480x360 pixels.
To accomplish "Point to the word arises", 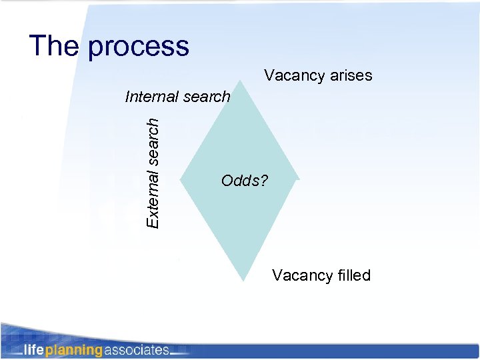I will pyautogui.click(x=351, y=75).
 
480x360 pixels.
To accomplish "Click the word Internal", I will pyautogui.click(x=152, y=97).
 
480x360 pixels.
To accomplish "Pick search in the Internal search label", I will pyautogui.click(x=207, y=97).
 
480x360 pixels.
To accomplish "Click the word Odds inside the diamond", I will pyautogui.click(x=240, y=181).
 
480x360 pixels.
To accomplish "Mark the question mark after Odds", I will pyautogui.click(x=264, y=181).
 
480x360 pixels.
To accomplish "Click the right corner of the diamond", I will pyautogui.click(x=297, y=178).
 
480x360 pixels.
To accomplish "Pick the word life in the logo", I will pyautogui.click(x=34, y=350).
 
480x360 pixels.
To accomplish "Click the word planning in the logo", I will pyautogui.click(x=73, y=350).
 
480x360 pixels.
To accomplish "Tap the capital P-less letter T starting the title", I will pyautogui.click(x=39, y=46).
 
